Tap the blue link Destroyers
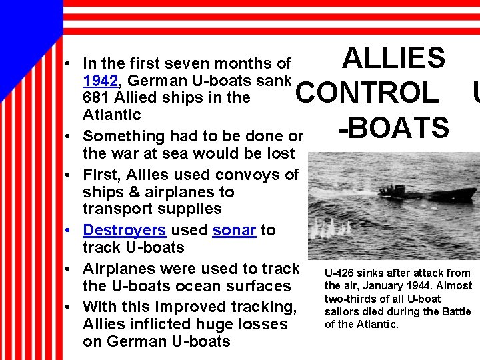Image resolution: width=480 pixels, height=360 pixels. click(x=124, y=231)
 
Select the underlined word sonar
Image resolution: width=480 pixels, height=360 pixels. click(x=234, y=231)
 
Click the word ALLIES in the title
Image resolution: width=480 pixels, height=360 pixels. click(x=393, y=59)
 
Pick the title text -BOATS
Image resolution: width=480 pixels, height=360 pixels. click(x=393, y=127)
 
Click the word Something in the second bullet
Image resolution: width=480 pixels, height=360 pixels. click(x=123, y=137)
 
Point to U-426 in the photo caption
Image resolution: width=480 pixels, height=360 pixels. click(x=339, y=273)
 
